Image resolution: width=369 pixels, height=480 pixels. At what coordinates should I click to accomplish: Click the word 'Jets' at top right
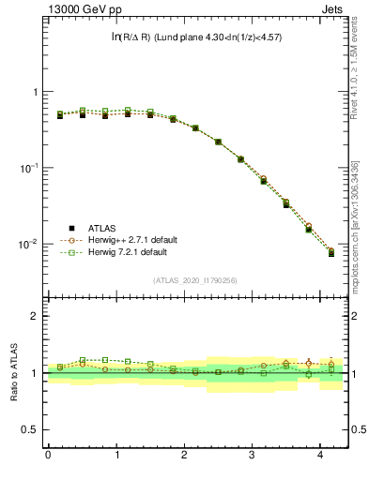(x=333, y=8)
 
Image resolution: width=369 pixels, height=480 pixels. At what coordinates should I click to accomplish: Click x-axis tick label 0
(x=48, y=455)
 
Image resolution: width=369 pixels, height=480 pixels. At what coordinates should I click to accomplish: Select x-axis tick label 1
(x=116, y=455)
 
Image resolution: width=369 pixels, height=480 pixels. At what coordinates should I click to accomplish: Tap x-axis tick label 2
(x=184, y=455)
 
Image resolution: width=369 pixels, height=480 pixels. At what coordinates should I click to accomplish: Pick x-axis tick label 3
(x=253, y=455)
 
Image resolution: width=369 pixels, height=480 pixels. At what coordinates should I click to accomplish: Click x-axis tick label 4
(x=320, y=455)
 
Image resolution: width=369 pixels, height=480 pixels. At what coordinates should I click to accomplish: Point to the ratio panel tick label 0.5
(x=31, y=430)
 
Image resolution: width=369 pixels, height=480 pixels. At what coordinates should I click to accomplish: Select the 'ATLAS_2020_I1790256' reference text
(x=194, y=279)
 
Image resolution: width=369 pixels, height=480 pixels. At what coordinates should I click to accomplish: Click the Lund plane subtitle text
(x=195, y=37)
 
